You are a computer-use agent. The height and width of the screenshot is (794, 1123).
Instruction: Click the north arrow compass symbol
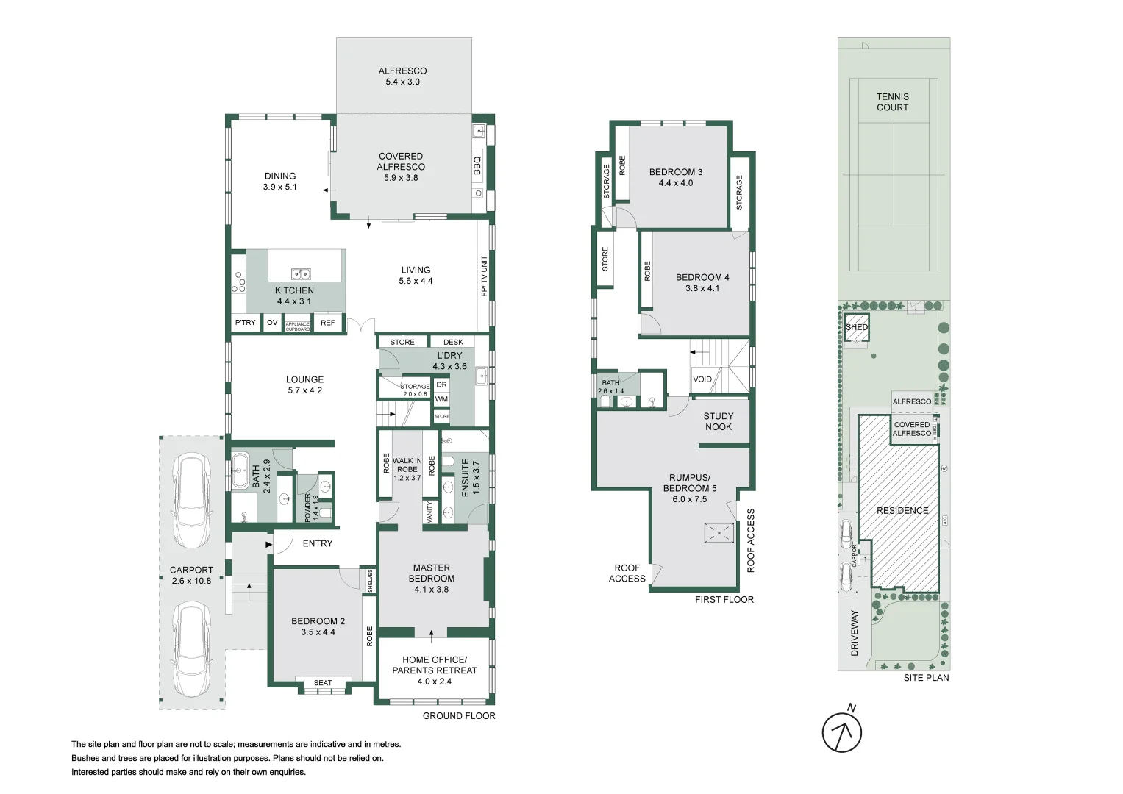click(841, 732)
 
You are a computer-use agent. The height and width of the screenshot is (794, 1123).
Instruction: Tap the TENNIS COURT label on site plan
click(892, 101)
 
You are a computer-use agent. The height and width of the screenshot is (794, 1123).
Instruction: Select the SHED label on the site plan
click(856, 327)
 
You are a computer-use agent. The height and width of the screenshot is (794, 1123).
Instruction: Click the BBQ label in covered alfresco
click(477, 165)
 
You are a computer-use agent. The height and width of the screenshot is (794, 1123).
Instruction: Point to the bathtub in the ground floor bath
click(240, 470)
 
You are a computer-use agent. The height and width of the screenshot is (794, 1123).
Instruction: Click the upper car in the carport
click(191, 500)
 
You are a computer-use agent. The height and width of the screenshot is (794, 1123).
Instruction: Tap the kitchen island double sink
click(301, 274)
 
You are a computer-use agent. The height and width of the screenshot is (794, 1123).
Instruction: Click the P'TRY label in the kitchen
click(245, 323)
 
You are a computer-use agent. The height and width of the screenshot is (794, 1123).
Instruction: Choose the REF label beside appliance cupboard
click(327, 323)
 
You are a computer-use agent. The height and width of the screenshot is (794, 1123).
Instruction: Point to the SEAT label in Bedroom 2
click(323, 683)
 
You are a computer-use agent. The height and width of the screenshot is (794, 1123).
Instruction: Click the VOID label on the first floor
click(702, 379)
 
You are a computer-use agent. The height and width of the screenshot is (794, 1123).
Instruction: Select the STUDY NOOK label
click(719, 421)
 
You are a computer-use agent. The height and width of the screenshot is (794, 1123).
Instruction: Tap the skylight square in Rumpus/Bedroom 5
click(719, 533)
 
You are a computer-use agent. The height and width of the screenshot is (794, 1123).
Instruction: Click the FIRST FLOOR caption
click(724, 600)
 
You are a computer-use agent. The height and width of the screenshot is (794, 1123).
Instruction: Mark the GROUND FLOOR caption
click(458, 716)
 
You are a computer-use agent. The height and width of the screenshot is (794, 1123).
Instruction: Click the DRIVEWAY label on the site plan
click(855, 632)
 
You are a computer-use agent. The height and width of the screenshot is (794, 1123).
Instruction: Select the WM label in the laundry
click(441, 399)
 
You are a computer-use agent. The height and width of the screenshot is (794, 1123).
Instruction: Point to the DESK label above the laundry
click(453, 342)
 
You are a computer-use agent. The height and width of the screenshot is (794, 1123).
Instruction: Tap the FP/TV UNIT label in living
click(484, 276)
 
